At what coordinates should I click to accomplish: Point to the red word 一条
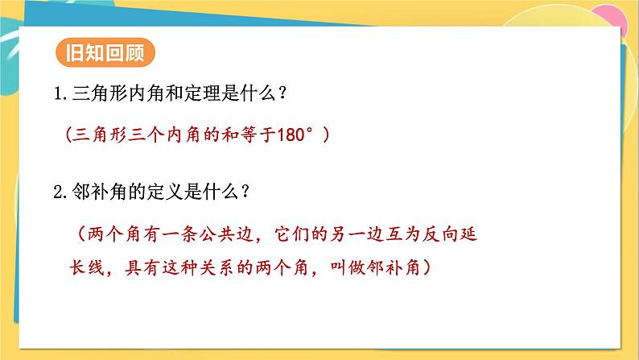click(177, 234)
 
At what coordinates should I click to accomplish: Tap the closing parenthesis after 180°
click(326, 135)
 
